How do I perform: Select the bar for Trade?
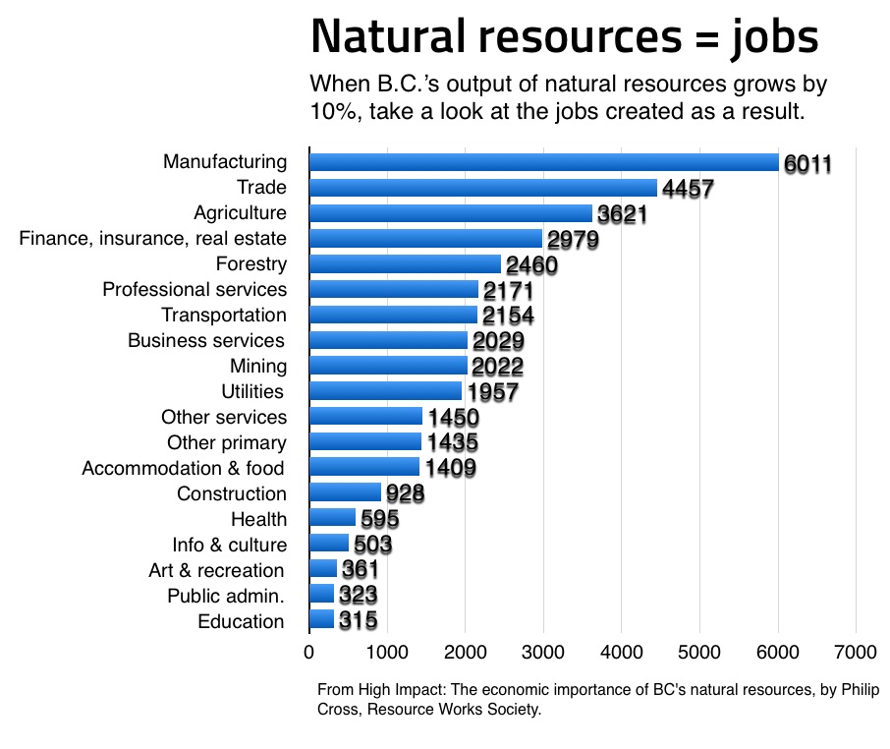482,188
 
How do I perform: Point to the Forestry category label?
250,263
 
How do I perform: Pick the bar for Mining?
388,366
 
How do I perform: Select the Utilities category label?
253,391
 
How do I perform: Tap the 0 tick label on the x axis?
309,652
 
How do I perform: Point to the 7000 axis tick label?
855,652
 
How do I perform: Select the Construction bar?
345,492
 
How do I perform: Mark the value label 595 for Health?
379,519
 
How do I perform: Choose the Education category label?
241,621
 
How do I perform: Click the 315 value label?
358,621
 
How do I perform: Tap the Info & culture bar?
328,544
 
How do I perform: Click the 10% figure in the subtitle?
332,112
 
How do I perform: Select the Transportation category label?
224,315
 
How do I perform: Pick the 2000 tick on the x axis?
465,652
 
